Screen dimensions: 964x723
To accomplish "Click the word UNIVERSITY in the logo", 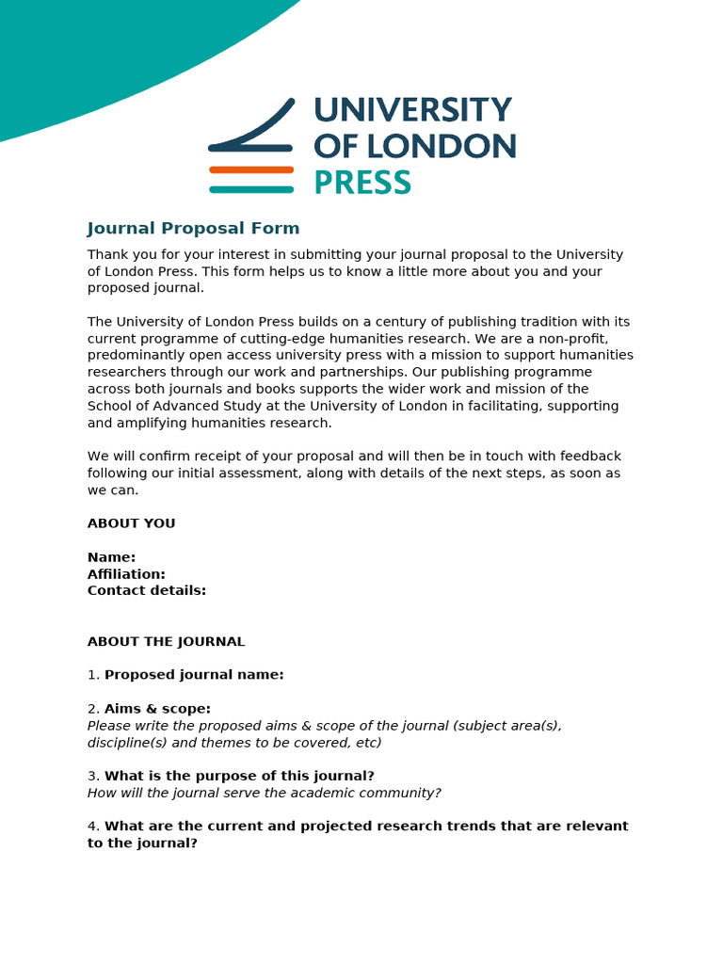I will tap(412, 111).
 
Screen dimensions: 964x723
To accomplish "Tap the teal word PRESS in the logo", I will tap(361, 183).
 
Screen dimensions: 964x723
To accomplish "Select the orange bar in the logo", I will tap(251, 169).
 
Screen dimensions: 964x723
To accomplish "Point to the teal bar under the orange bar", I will tap(251, 189).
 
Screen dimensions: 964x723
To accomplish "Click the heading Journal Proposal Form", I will tap(193, 229).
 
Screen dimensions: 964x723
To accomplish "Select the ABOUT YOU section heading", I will tap(131, 523).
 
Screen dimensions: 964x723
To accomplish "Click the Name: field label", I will tap(111, 557).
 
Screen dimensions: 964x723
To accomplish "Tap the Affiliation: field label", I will tap(126, 574).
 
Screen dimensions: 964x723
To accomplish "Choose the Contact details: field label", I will tap(146, 591).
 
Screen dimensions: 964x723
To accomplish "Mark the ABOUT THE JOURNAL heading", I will tap(166, 642).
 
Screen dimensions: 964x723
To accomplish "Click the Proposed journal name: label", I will tap(194, 675).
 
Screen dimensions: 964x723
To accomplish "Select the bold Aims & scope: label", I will tap(157, 709).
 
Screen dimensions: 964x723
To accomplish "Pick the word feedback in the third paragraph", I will tap(589, 457).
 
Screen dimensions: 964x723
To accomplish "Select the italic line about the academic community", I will tap(264, 794).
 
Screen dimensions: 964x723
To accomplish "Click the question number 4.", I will tap(92, 827).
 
